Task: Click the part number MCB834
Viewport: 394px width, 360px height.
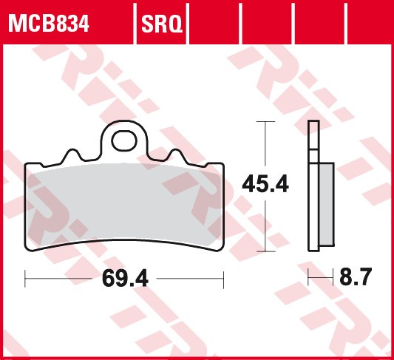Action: pyautogui.click(x=49, y=24)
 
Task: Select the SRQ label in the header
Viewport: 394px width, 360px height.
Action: pyautogui.click(x=161, y=24)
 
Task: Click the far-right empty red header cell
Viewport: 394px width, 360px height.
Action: pyautogui.click(x=370, y=22)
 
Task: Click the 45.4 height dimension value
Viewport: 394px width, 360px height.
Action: pyautogui.click(x=266, y=184)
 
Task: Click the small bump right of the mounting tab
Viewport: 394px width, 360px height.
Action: pyautogui.click(x=177, y=156)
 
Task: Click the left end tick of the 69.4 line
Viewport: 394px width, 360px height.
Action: pyautogui.click(x=26, y=279)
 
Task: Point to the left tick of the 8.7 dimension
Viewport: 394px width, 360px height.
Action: pyautogui.click(x=308, y=279)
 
